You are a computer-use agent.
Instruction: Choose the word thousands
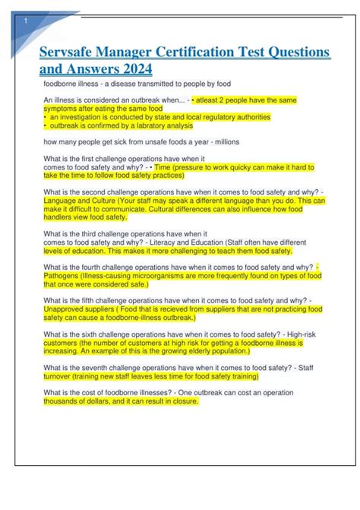[64, 401]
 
